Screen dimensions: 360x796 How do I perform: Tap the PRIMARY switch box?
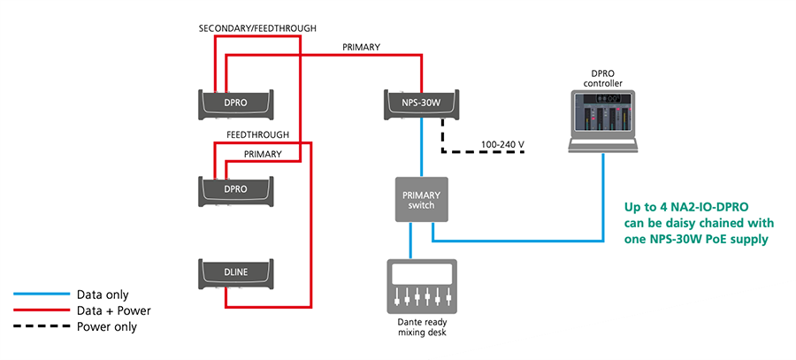tap(421, 199)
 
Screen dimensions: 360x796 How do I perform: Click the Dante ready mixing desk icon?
tap(421, 286)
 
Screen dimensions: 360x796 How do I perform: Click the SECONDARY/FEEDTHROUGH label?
tap(258, 28)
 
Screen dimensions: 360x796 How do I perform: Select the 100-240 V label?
tap(502, 143)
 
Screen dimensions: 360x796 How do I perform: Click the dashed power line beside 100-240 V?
tap(486, 151)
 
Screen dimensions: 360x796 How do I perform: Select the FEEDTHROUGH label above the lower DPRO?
tap(258, 134)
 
